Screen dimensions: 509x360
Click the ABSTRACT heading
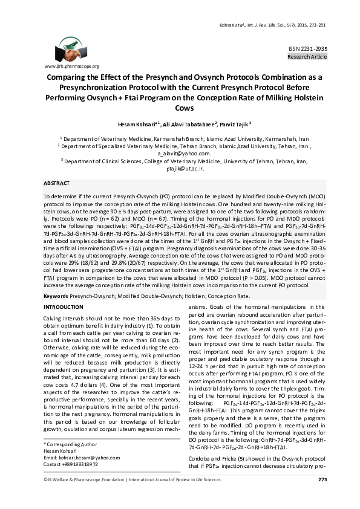(57, 183)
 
